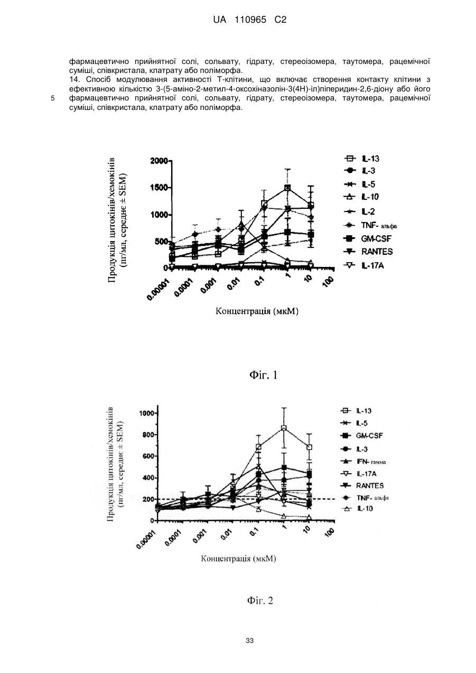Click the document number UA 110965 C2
tap(249, 20)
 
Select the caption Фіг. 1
tap(264, 375)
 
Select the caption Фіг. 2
tap(260, 601)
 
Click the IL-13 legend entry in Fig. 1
tap(362, 158)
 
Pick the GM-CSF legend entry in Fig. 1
tap(368, 238)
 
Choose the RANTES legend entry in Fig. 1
tap(368, 252)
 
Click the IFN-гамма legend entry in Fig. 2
tap(363, 461)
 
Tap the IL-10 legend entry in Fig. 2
tap(357, 509)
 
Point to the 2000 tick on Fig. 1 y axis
tap(159, 161)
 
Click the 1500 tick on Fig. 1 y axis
tap(159, 188)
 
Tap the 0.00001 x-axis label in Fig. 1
tap(158, 289)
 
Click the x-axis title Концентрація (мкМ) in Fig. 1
tap(257, 311)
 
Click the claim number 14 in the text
tap(74, 80)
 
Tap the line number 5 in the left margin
tap(52, 98)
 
